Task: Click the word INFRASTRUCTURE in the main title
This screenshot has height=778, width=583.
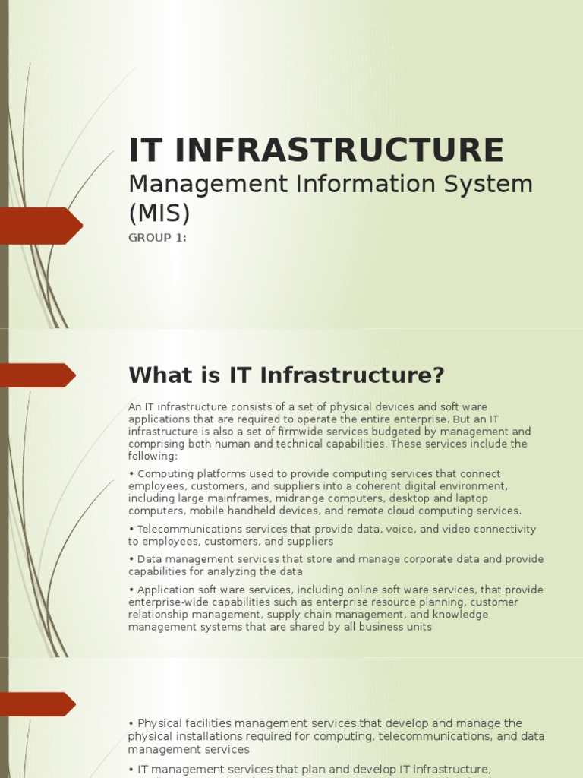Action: pos(339,150)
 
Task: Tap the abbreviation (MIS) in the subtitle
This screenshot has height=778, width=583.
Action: pos(159,213)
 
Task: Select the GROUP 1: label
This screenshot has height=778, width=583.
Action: pos(157,238)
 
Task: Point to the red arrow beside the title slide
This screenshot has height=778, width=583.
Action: pos(41,226)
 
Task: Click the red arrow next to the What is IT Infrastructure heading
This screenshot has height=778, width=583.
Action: pos(38,375)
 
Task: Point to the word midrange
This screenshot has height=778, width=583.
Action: pos(286,498)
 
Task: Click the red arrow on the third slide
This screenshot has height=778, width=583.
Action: pos(38,704)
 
